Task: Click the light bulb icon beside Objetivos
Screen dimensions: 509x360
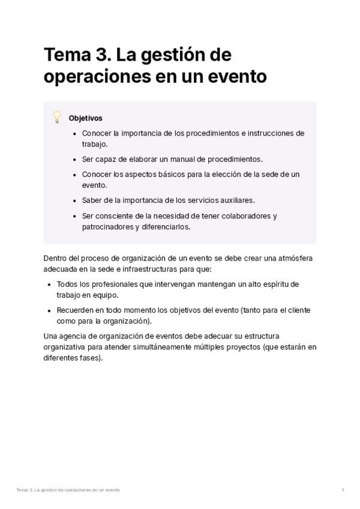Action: tap(57, 117)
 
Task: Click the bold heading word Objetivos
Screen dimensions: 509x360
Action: tap(85, 118)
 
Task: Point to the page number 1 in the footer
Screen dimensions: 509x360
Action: tap(343, 490)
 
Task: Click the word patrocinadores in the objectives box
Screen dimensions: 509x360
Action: tap(107, 227)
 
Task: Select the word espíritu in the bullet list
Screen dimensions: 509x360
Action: tap(268, 284)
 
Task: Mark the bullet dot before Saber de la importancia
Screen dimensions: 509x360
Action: tap(74, 200)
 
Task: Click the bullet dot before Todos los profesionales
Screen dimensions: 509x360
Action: tap(49, 284)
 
